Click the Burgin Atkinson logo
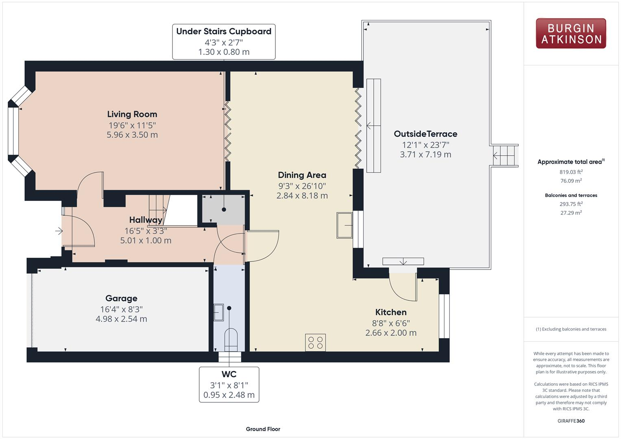(x=571, y=33)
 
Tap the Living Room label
(x=132, y=114)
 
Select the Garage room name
(x=121, y=298)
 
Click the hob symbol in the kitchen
(x=315, y=342)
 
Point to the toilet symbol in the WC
(x=231, y=339)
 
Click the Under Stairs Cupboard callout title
(x=224, y=31)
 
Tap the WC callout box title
(x=229, y=374)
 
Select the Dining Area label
(x=302, y=175)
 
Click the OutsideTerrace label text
(x=425, y=134)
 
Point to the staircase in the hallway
(x=159, y=208)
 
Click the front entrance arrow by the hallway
(x=59, y=231)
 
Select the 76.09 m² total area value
(x=571, y=181)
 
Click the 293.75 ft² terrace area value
(x=571, y=204)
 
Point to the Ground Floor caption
(x=263, y=429)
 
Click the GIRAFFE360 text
(x=571, y=421)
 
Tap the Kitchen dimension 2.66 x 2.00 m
(x=391, y=333)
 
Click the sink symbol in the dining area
(x=344, y=225)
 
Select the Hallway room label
(x=146, y=220)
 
